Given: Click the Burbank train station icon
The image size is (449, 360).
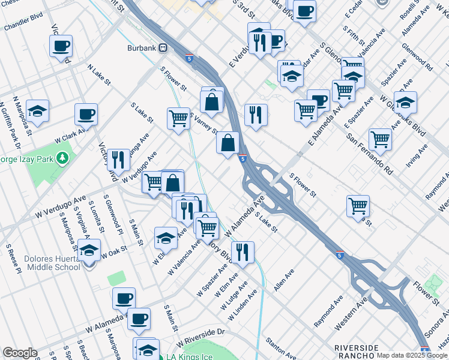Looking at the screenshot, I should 163,48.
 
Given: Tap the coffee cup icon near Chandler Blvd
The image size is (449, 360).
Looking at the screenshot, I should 61,46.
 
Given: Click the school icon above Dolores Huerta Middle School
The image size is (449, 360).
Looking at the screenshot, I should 89,251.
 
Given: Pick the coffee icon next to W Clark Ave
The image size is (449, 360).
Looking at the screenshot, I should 86,115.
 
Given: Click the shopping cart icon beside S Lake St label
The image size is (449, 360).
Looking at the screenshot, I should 178,118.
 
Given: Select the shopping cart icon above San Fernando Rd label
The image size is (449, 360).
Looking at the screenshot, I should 381,139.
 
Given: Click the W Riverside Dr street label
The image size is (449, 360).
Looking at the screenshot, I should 204,332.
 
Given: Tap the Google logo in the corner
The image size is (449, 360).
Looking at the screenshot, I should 19,353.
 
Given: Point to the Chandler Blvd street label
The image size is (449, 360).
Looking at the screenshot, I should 24,25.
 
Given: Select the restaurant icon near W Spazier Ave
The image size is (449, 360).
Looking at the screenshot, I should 243,253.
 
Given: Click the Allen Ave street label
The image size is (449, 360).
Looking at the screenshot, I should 284,280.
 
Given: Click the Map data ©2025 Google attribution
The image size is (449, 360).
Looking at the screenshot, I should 412,355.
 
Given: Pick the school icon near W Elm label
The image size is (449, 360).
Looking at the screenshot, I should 166,238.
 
